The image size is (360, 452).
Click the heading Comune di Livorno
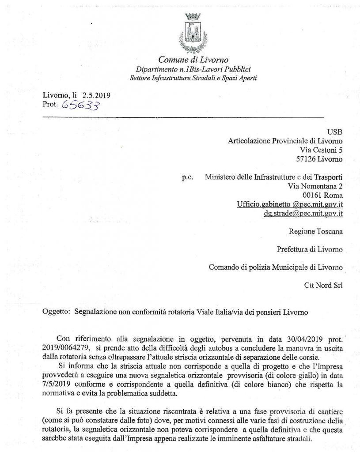click(x=193, y=60)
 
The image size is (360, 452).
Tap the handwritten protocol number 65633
click(x=81, y=105)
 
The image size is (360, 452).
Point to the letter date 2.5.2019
click(x=96, y=95)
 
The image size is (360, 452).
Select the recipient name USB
click(x=335, y=132)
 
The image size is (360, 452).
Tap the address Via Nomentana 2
click(x=315, y=186)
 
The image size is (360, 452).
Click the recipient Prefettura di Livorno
click(x=310, y=249)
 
